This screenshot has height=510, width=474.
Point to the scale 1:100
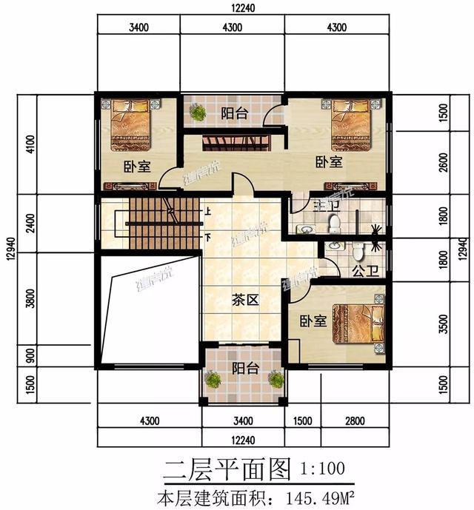322,469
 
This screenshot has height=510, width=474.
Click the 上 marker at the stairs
209,212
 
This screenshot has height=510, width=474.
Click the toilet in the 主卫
333,221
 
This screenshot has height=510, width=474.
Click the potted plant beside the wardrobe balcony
197,113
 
